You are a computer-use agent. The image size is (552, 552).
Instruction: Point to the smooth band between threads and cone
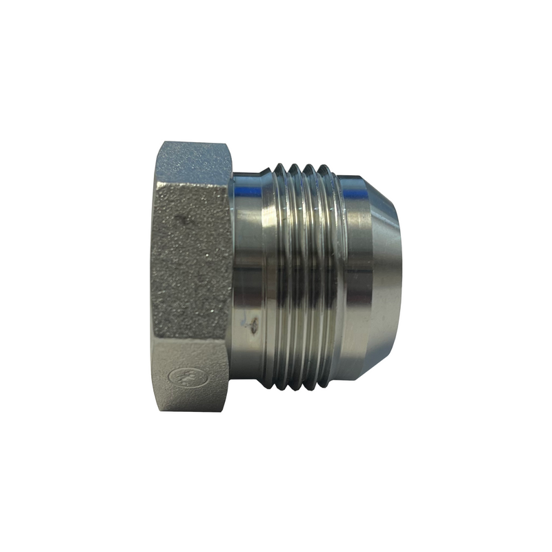click(355, 276)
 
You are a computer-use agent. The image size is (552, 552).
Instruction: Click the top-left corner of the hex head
click(160, 143)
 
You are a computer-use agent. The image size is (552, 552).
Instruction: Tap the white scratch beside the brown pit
click(245, 319)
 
